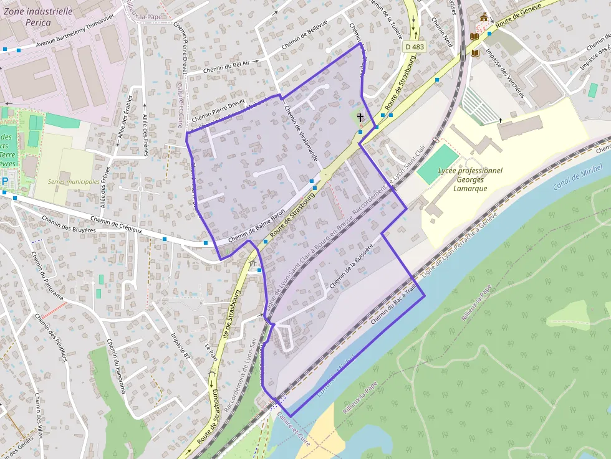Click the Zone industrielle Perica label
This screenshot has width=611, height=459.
38,16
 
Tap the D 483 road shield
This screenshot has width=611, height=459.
413,47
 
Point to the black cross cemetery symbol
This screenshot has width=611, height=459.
360,116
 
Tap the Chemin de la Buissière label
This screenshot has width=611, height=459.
351,267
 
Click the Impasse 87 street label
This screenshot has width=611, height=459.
179,346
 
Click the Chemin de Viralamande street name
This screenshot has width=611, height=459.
301,133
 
